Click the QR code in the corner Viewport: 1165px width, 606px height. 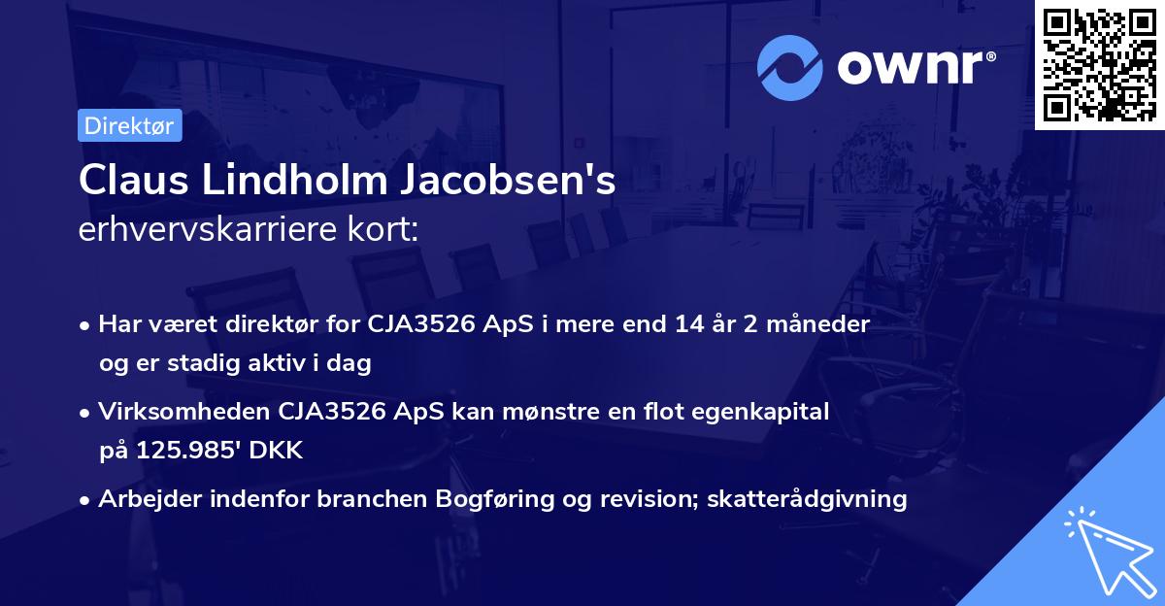pyautogui.click(x=1099, y=65)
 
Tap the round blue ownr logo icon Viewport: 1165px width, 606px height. pyautogui.click(x=790, y=67)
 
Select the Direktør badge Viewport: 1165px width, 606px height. pyautogui.click(x=129, y=125)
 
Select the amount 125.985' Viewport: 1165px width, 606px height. pyautogui.click(x=188, y=451)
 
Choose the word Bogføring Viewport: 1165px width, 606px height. pyautogui.click(x=503, y=499)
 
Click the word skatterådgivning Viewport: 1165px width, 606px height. pyautogui.click(x=808, y=499)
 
